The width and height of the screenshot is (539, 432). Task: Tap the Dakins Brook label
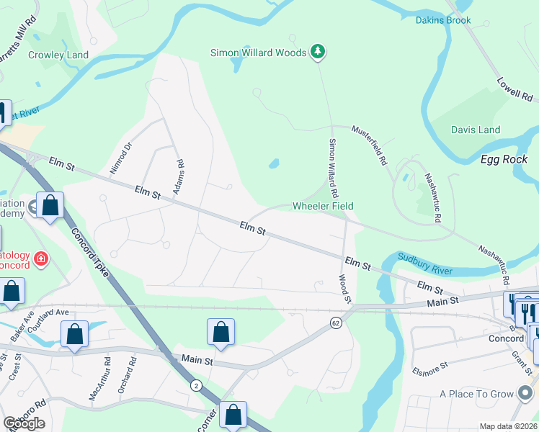click(x=443, y=20)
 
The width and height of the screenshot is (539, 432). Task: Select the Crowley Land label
click(x=58, y=55)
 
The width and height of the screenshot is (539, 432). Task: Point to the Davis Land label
click(x=476, y=130)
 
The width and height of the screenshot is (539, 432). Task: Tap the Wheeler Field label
click(x=323, y=206)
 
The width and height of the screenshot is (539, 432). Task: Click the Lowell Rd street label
click(x=514, y=90)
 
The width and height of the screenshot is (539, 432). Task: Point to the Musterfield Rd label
click(x=370, y=145)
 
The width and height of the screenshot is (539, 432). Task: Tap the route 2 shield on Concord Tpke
click(x=196, y=385)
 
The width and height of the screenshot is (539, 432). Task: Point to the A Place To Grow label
click(x=477, y=394)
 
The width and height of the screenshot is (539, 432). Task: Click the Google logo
click(x=24, y=423)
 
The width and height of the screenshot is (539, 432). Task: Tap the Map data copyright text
click(x=508, y=426)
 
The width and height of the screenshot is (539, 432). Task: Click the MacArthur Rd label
click(x=98, y=369)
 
